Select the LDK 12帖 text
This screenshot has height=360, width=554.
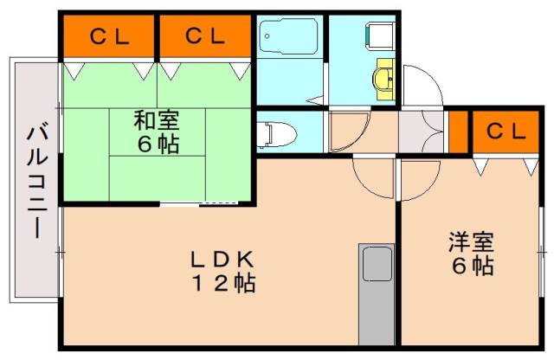(223, 270)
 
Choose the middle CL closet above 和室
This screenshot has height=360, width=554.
(203, 36)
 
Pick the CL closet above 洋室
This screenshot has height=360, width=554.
(505, 132)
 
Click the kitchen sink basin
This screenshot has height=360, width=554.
(377, 263)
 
